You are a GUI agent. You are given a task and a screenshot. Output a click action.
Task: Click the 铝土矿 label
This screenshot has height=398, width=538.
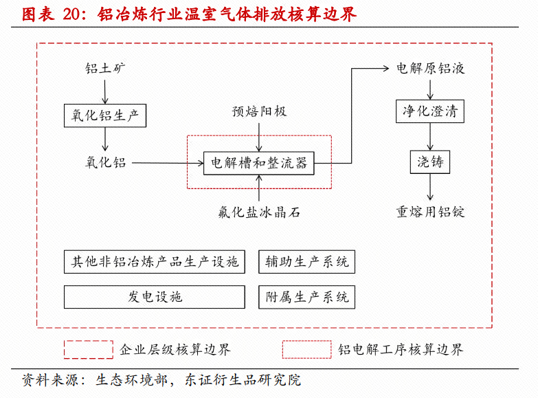pos(105,68)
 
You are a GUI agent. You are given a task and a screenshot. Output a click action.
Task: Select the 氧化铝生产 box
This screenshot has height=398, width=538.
pos(105,115)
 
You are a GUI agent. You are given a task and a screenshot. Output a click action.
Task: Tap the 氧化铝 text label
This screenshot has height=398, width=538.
pos(105,163)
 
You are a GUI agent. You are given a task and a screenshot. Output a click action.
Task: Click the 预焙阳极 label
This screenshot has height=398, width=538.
pos(258,111)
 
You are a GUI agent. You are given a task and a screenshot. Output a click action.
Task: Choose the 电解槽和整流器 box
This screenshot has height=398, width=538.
pos(258,163)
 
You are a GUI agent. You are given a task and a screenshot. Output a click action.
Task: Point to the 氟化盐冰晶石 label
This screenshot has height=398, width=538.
pos(258,212)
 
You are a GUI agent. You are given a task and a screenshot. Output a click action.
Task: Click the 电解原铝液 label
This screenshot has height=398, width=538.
pos(431,69)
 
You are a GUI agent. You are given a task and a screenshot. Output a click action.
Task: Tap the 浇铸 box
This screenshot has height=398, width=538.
pos(431,162)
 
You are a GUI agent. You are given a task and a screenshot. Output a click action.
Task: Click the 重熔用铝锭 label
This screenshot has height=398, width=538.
pos(431,212)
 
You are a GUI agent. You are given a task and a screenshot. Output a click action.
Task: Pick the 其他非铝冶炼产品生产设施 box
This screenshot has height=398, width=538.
pos(155,262)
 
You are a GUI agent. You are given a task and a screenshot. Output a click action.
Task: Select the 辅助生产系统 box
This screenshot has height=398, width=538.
pos(306,262)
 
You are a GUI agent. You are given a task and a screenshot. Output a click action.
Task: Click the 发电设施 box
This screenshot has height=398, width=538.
pos(155,296)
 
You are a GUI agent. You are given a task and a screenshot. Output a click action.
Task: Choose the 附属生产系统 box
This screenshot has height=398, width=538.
pos(306,296)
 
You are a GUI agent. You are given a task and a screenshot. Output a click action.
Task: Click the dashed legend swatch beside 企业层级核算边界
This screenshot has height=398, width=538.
pos(89,349)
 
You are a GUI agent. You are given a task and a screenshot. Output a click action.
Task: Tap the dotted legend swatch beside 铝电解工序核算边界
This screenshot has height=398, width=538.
pos(306,349)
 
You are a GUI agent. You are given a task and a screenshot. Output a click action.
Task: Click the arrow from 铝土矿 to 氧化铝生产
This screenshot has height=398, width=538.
pos(105,91)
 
